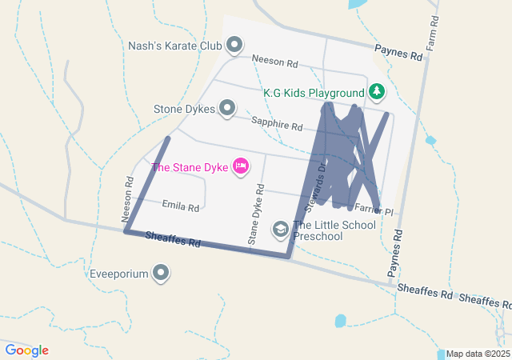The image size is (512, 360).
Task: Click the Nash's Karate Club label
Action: point(174,46)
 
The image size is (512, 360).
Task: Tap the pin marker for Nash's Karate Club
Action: point(234,45)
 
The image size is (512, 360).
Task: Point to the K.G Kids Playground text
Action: point(314,93)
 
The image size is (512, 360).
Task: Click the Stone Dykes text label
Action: point(185,108)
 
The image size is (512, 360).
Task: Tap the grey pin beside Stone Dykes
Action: point(228,107)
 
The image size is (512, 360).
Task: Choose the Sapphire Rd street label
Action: point(276,124)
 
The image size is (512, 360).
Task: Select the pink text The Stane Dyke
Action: point(190,167)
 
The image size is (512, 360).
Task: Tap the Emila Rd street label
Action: point(180,206)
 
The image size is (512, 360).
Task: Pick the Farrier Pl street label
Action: point(374,210)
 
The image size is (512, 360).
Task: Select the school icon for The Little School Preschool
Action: point(280,230)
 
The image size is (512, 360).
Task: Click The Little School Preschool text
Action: point(334,230)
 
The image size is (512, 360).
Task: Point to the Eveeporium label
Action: point(119,274)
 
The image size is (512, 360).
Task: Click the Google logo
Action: point(27,350)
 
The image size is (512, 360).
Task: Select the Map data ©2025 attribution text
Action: point(478,354)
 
